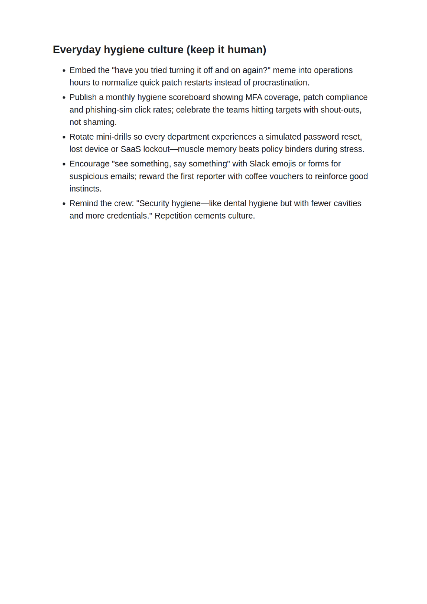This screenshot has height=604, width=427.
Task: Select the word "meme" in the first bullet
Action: point(284,70)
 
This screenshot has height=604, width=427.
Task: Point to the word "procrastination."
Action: point(281,83)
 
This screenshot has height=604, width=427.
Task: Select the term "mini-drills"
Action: point(113,137)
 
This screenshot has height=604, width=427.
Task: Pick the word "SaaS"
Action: point(131,150)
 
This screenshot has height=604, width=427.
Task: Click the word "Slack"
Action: point(259,164)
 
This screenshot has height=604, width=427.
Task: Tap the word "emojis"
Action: point(284,164)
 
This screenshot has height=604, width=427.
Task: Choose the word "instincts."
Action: point(86,189)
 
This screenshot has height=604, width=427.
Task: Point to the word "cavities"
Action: point(346,204)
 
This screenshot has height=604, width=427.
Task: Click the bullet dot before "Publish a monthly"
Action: point(64,98)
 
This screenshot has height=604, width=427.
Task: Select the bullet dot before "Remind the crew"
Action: point(64,204)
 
